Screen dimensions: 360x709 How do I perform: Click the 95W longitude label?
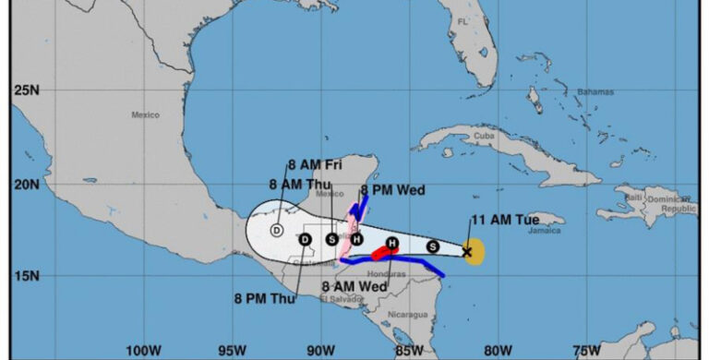click(x=232, y=350)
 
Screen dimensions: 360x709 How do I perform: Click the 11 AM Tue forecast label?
click(x=505, y=219)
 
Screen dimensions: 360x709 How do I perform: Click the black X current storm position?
click(x=467, y=250)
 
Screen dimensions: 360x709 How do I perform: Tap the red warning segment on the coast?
click(x=380, y=252)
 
